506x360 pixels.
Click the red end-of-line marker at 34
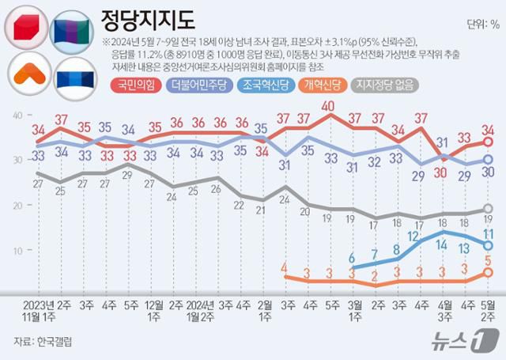(x=488, y=142)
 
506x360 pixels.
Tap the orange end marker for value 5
(x=488, y=271)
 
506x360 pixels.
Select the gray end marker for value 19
(x=488, y=209)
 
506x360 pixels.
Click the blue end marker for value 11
(x=488, y=245)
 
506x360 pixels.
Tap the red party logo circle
(x=26, y=28)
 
